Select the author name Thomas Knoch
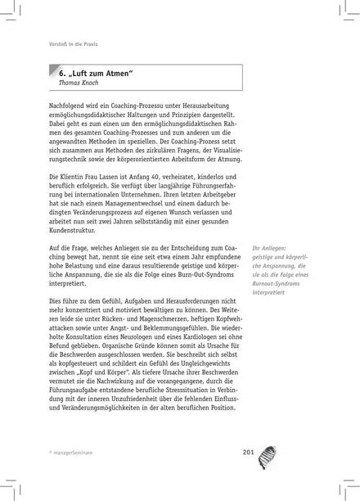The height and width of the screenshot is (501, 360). point(72,84)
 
